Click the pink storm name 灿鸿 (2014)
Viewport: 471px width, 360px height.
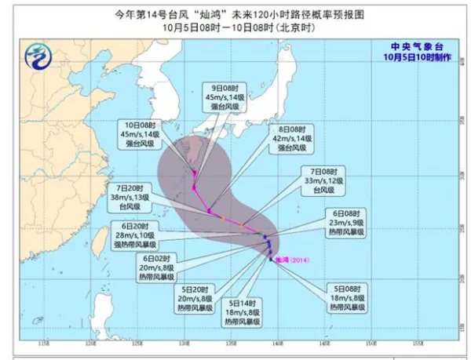pos(292,260)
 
